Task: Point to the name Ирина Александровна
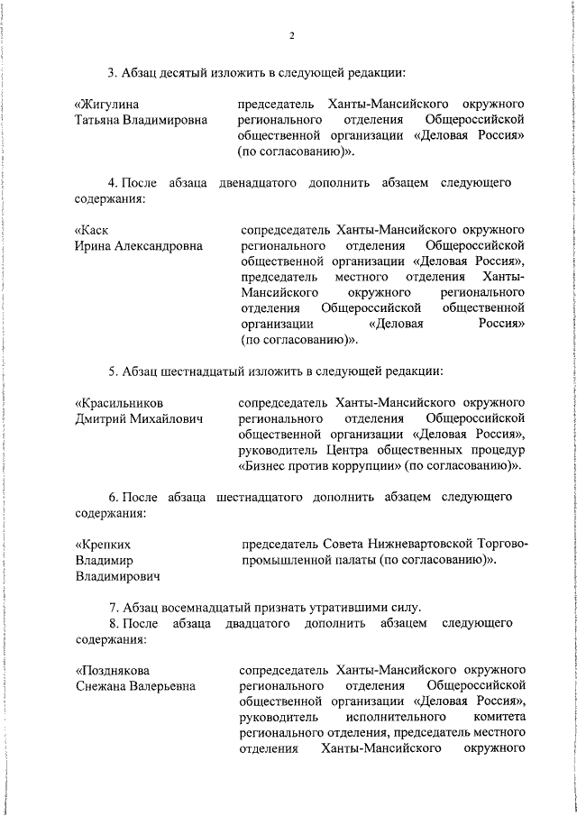click(138, 245)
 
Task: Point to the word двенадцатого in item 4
click(258, 183)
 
